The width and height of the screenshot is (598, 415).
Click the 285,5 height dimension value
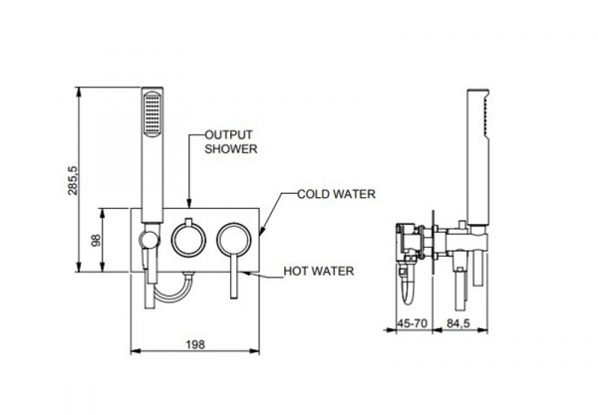pos(73,180)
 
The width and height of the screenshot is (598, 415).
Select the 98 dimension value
pos(96,240)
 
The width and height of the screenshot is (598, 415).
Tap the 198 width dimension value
pos(195,344)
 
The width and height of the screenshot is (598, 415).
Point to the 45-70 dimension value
pos(412,323)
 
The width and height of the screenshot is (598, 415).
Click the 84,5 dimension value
pos(458,323)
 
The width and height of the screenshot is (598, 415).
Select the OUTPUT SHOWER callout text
pos(231,142)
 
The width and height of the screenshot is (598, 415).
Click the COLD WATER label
pos(337,194)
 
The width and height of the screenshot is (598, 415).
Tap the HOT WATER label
pos(319,271)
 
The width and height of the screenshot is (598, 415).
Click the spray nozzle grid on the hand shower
pos(152,113)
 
